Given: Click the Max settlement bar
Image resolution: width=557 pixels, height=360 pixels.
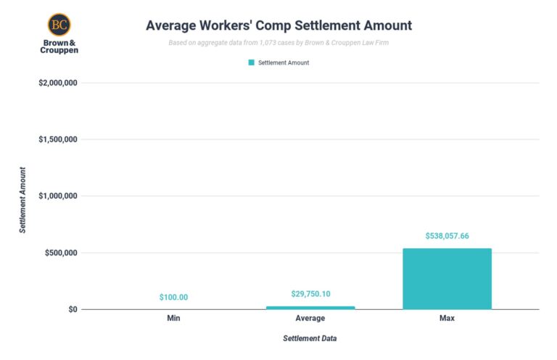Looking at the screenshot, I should pos(447,279).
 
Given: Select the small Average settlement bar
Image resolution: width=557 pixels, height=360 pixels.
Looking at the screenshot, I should pos(310,307).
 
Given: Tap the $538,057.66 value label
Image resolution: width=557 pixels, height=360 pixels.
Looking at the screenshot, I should pos(447,236).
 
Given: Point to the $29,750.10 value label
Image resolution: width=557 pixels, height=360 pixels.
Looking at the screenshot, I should pos(310,293).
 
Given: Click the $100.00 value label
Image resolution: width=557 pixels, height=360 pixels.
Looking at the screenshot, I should pos(173,298).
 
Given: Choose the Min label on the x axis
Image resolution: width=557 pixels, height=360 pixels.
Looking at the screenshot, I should pos(173,318).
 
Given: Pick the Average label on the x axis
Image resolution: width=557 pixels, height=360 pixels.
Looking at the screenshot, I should pos(310,318).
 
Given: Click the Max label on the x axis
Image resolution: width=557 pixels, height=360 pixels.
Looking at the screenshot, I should pos(447,318).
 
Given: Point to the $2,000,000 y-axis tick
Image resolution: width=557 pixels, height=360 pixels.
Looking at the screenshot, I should pos(58,83).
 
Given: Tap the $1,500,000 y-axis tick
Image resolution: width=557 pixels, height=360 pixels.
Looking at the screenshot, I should pos(58,139).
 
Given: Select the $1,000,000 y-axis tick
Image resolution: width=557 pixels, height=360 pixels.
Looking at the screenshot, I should pos(58,196).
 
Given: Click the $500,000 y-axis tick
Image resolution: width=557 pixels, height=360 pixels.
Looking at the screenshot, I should pos(61,253).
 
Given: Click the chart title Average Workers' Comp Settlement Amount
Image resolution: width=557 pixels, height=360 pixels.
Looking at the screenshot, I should pos(278,25).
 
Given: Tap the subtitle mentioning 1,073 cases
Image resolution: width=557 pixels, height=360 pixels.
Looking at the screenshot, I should pos(278,42).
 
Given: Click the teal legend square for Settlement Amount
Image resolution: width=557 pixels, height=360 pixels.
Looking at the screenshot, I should pos(252,62).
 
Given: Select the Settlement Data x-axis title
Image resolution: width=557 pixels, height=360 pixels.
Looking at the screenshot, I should pos(310,338).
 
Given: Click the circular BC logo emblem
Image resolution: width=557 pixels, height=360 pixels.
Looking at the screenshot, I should pos(59,25).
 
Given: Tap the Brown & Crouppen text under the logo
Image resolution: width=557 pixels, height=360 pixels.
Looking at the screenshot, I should pos(59,46).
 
